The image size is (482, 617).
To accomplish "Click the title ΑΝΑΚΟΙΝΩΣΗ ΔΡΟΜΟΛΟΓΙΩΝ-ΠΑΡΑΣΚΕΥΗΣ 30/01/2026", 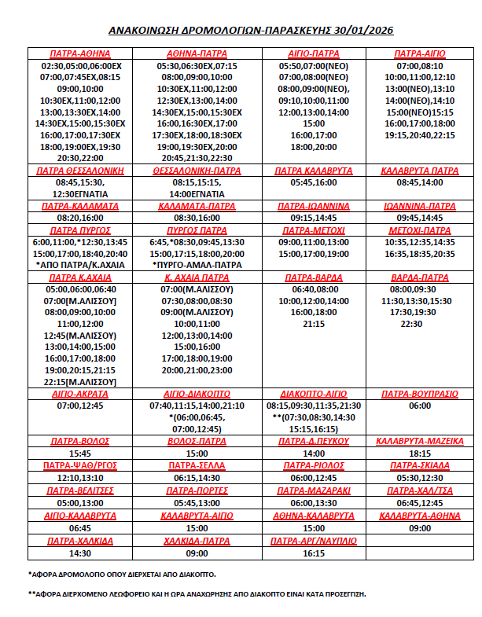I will (x=241, y=31).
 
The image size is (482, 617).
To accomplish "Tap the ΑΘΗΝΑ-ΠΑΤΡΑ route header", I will (x=197, y=54).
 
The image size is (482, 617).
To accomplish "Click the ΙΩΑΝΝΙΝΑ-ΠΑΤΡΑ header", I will (x=420, y=206).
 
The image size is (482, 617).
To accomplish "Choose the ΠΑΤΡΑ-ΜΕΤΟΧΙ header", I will (x=313, y=230).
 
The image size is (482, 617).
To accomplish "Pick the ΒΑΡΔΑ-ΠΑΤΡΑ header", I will (x=420, y=277).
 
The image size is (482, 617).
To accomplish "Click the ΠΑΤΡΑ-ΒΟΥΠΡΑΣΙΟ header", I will (x=420, y=394).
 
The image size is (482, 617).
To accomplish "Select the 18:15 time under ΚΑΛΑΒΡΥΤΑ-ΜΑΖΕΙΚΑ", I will (x=420, y=454).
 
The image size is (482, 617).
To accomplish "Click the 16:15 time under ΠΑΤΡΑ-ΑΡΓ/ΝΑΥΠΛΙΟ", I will (x=313, y=553).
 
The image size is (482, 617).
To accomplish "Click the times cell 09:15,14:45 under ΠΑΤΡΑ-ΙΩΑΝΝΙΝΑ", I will (x=313, y=218).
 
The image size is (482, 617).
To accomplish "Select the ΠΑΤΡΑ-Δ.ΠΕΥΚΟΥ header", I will (x=313, y=441).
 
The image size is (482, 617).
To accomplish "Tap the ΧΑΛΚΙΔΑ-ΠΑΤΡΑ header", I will (x=197, y=541).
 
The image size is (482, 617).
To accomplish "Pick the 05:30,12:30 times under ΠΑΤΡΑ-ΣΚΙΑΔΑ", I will (x=420, y=478).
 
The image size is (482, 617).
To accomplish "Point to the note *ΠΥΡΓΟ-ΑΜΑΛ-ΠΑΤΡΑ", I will (x=197, y=265).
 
